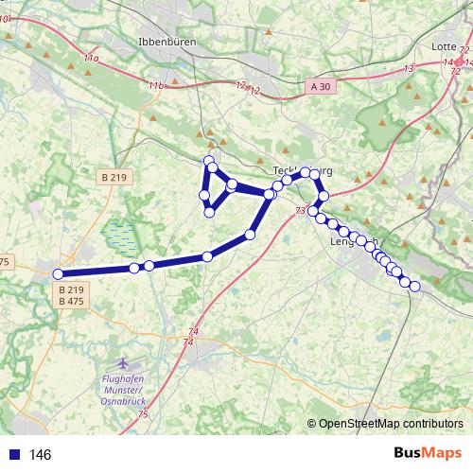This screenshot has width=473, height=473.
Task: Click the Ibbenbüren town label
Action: point(166,42)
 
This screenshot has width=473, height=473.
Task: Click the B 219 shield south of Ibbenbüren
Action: point(113,176)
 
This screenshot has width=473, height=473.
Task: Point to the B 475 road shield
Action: point(71,301)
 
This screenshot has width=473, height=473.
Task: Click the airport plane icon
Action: point(122,364)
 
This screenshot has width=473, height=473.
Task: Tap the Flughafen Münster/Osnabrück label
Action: point(122,390)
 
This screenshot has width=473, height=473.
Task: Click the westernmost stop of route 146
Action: point(59,274)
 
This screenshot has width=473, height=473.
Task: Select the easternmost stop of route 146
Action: point(414,287)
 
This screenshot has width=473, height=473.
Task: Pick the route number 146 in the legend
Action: point(40,454)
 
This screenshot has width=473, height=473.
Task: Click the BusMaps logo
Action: point(427,453)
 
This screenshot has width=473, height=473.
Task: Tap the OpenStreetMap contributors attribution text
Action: point(391,425)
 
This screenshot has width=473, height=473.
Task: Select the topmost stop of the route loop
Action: point(209,159)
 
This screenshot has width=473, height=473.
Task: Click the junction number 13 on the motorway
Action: point(409,68)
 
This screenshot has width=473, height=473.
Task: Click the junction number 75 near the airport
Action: point(143,414)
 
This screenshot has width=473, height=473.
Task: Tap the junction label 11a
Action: point(91,59)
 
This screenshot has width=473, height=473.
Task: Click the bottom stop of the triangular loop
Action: point(209,213)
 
